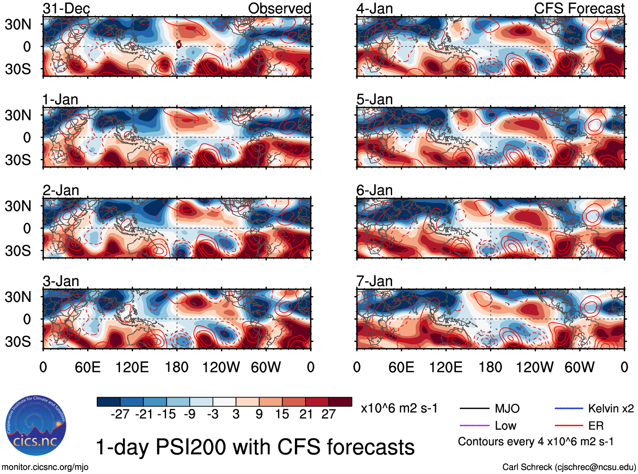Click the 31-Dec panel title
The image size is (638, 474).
pos(66,8)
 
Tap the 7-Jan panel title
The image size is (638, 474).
pos(374,281)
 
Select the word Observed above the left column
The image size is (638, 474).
pos(279,8)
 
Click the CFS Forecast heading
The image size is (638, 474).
pos(579,8)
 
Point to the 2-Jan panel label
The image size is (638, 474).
pos(61,190)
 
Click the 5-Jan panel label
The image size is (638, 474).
pos(374,99)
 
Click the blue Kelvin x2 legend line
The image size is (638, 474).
pos(569,408)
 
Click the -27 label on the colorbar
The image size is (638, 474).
pos(120,414)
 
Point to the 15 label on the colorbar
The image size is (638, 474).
pos(282,414)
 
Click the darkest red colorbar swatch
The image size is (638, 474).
pos(340,402)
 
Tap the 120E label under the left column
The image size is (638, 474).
pos(132,367)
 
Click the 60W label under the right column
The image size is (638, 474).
pos(579,367)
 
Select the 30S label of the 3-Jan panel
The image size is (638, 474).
pos(18,342)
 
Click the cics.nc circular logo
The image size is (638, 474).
pos(36,426)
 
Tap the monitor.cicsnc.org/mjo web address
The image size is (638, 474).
pos(45,467)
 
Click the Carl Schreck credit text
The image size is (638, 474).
pos(569,467)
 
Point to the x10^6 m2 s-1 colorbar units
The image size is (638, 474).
pos(399,408)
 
